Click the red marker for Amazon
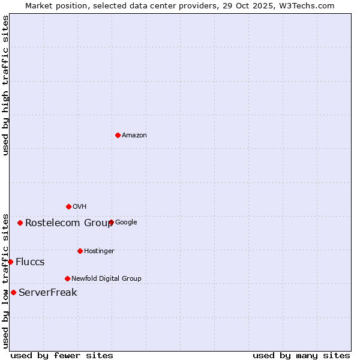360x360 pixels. [118, 135]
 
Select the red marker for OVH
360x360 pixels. [68, 206]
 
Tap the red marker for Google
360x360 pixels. [111, 222]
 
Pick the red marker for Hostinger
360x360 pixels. [80, 251]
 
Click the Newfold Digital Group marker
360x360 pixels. [67, 278]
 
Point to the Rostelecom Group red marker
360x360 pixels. [20, 223]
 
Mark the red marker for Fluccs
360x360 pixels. [10, 262]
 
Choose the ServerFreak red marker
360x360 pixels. [13, 292]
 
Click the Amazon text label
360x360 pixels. [134, 136]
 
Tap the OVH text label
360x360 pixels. [80, 207]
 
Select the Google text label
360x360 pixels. [126, 223]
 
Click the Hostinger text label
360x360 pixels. [99, 251]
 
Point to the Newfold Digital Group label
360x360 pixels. [106, 279]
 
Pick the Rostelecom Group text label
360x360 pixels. [69, 223]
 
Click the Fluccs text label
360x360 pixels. [30, 262]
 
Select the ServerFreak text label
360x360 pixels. [48, 293]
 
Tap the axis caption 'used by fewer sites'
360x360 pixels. [62, 355]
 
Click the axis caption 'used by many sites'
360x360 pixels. [301, 355]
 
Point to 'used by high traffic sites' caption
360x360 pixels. [5, 85]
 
